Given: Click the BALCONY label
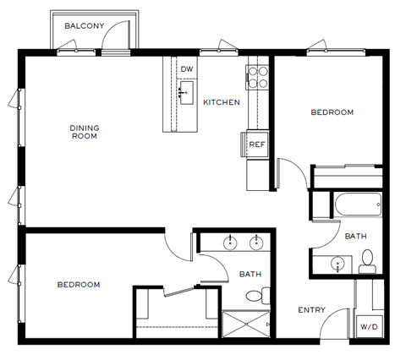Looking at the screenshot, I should [x=85, y=26].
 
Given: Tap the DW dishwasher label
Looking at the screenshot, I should [x=187, y=69].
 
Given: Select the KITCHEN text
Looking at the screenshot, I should [x=222, y=102].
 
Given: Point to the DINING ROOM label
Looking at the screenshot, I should [x=85, y=132].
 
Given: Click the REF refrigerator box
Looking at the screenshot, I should [x=257, y=145].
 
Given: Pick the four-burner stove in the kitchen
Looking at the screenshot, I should [x=257, y=78].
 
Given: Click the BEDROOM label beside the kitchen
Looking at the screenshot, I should [x=332, y=112].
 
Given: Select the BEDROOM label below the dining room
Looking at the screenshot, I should [x=79, y=285].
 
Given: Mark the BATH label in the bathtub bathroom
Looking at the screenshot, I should [x=354, y=236].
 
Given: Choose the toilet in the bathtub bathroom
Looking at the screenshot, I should [x=368, y=263].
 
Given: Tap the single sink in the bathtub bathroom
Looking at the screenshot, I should [x=337, y=264].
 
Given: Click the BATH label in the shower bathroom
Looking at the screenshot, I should [x=250, y=274].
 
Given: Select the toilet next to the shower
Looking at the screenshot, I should [x=258, y=296].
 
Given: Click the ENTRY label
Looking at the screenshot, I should [x=311, y=310].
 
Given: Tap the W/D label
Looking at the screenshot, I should [x=369, y=325].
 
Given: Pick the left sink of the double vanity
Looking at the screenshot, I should [x=229, y=243].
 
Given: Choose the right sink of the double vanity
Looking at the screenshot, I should [x=257, y=243].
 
